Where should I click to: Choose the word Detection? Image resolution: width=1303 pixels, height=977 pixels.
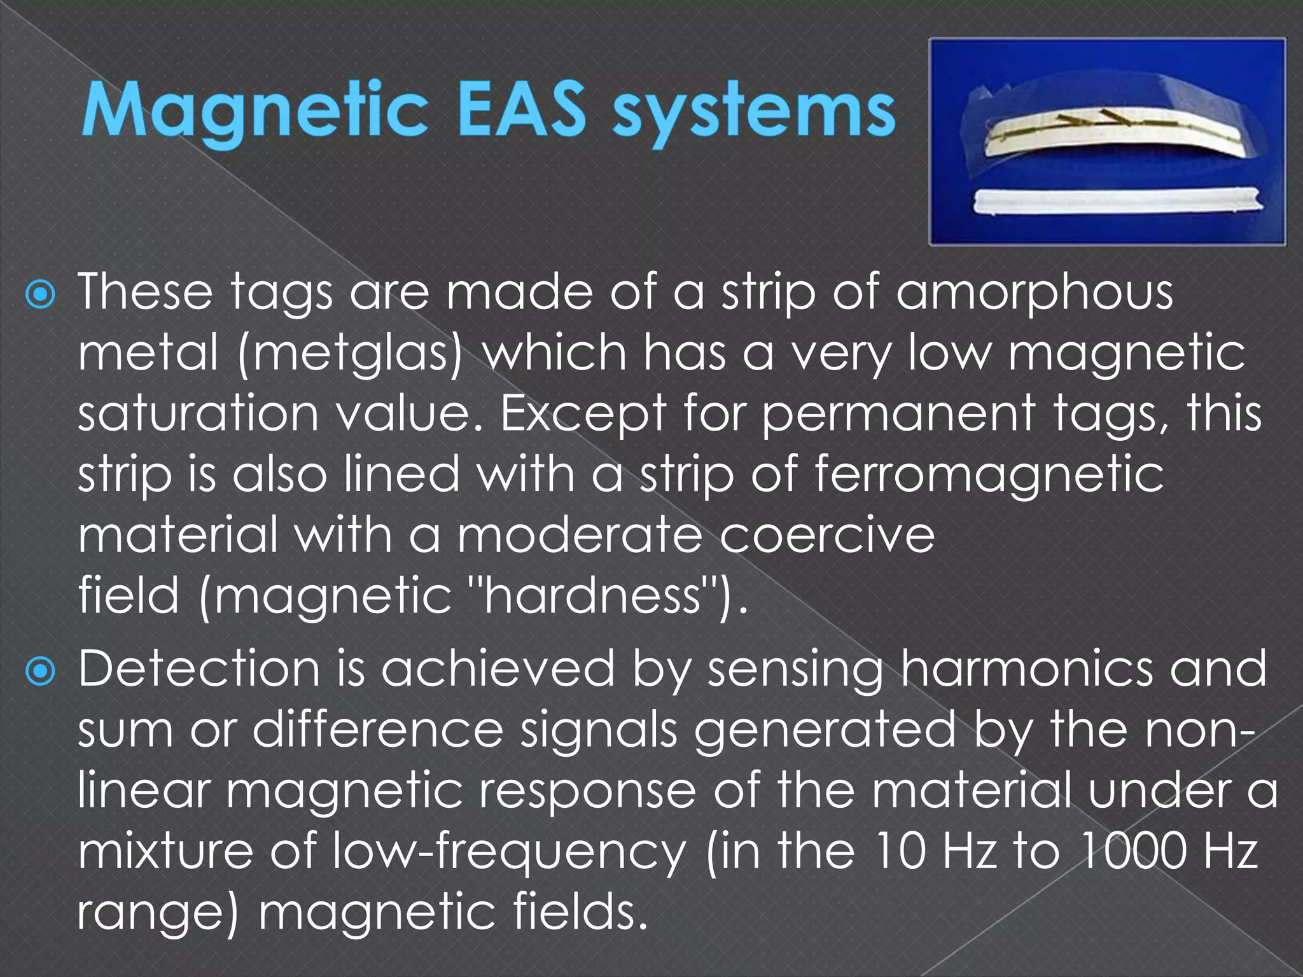point(199,669)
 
